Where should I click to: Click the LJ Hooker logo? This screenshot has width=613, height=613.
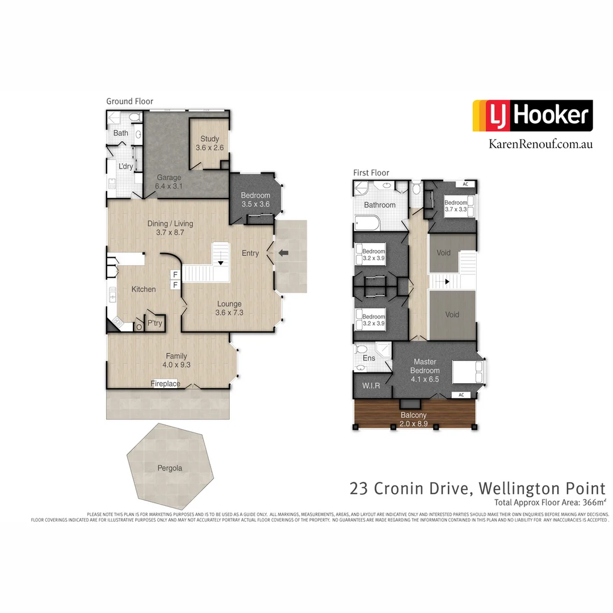[532, 116]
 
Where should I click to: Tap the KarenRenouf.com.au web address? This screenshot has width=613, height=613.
[540, 144]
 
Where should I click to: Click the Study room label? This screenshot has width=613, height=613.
[209, 143]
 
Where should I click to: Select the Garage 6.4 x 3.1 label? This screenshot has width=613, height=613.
[169, 182]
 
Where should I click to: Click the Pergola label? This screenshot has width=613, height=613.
[170, 468]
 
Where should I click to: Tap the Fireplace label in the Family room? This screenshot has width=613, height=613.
[165, 384]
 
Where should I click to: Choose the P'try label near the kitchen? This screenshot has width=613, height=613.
[154, 323]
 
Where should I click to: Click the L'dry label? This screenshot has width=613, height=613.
[125, 166]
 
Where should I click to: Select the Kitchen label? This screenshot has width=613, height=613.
[144, 289]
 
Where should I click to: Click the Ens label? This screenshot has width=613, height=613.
[369, 358]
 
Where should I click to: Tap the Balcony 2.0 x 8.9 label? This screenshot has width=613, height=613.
[414, 419]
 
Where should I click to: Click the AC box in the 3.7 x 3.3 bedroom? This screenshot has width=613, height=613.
[465, 184]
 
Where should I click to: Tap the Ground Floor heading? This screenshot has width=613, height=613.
[129, 101]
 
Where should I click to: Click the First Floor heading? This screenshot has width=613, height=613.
[371, 173]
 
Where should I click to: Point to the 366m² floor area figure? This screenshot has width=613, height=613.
[591, 502]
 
